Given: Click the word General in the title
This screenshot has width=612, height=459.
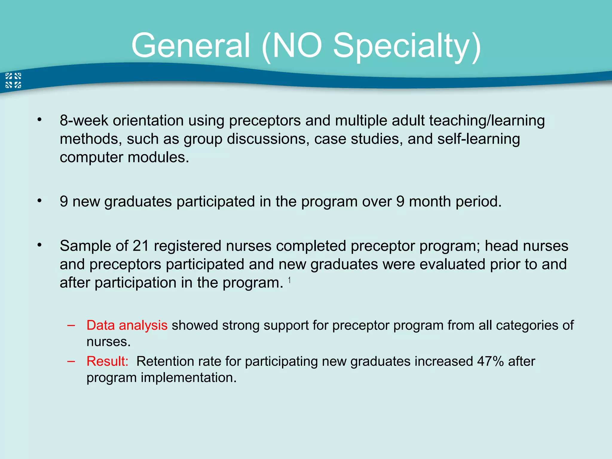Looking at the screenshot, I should point(190,46).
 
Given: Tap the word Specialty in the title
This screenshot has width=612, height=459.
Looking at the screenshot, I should point(407,46).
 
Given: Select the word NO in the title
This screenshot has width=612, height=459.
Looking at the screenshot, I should point(297,46).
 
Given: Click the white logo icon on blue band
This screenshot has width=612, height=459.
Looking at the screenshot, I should point(13,80).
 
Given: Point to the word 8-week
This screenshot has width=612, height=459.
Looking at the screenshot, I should point(84,120).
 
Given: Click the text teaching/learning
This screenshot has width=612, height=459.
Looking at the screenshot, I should point(487,120).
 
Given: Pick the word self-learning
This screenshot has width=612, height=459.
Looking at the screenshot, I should point(478,139).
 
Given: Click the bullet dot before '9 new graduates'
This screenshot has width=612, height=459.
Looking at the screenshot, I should point(39,201).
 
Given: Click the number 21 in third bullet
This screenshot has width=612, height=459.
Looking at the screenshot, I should point(141,246).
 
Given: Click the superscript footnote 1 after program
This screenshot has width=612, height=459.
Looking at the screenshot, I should point(289,280).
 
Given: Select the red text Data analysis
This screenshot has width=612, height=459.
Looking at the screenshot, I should point(127,325).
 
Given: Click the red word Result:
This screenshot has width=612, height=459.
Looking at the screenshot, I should point(107,361).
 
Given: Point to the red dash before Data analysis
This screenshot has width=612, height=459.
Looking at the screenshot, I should point(71,325).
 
